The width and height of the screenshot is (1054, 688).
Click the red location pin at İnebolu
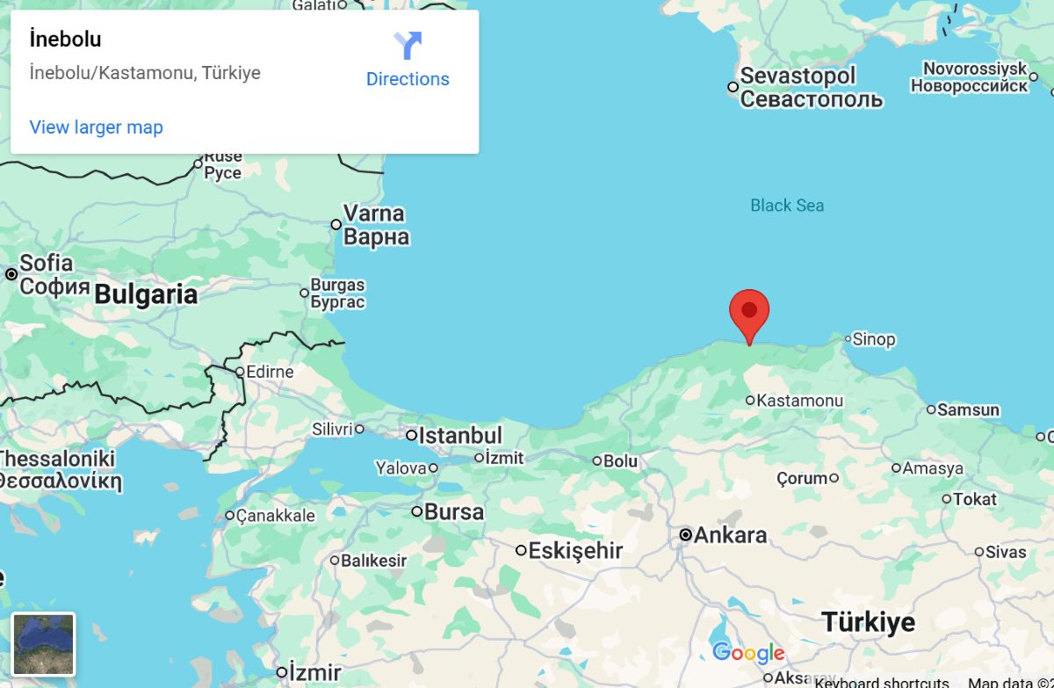(x=749, y=313)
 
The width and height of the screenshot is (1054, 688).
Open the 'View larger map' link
(x=97, y=127)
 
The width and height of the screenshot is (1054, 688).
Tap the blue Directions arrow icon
(x=408, y=46)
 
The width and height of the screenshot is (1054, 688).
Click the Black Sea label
(x=787, y=206)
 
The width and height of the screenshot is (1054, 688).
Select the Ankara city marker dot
(x=686, y=534)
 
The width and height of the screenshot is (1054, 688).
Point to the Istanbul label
(x=459, y=435)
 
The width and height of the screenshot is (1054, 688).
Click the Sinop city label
(x=874, y=339)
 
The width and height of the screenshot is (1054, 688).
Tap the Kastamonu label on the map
(x=799, y=401)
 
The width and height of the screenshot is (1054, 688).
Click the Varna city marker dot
(x=336, y=224)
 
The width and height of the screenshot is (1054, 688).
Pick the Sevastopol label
(x=798, y=76)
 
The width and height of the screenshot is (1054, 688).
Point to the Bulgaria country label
(x=146, y=294)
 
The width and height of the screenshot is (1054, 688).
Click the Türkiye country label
(x=868, y=622)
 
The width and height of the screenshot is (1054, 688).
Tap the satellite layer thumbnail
(x=44, y=644)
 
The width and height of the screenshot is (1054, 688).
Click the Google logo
(x=748, y=653)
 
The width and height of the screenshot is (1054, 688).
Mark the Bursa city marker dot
(x=417, y=511)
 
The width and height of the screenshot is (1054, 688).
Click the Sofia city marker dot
(x=11, y=274)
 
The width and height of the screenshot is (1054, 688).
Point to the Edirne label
(x=270, y=372)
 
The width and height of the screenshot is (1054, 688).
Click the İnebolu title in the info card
(x=66, y=40)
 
